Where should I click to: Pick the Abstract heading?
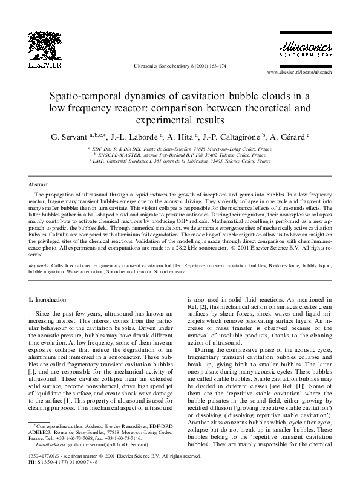pyautogui.click(x=39, y=184)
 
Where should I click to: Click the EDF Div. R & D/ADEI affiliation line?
pyautogui.click(x=180, y=148)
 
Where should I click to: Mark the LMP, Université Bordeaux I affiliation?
pyautogui.click(x=180, y=161)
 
